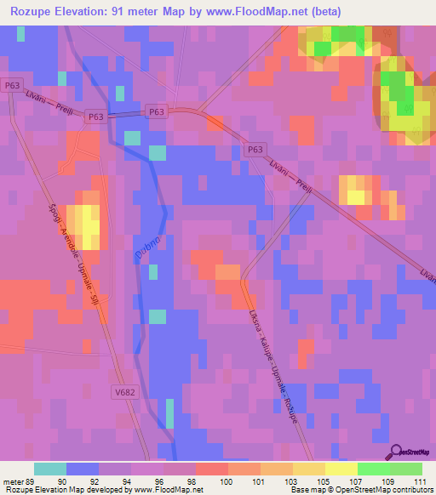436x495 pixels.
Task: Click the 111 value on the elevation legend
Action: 422,482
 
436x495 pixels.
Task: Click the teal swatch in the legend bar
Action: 49,469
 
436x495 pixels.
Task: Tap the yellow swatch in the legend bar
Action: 341,469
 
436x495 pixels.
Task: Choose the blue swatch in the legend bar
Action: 82,469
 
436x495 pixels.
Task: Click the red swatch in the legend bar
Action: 211,469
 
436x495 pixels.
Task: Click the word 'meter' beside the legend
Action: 11,482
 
